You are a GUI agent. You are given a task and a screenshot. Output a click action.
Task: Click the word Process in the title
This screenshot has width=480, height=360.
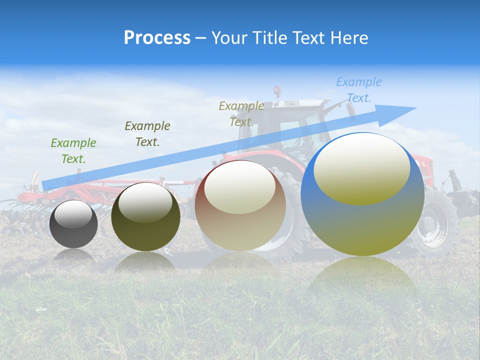point(157,38)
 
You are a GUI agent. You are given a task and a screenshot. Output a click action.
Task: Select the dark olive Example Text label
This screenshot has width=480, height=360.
point(147,134)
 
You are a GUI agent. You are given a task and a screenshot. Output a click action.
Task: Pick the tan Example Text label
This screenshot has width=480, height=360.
point(241,113)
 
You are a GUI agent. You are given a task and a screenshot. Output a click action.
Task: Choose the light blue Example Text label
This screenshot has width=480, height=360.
point(359,90)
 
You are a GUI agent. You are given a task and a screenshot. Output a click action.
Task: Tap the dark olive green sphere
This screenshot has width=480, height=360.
point(145,230)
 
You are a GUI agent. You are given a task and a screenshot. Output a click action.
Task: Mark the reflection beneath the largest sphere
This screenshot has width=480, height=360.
point(362,280)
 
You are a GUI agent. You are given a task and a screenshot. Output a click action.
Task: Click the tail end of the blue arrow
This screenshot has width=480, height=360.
point(44,185)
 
